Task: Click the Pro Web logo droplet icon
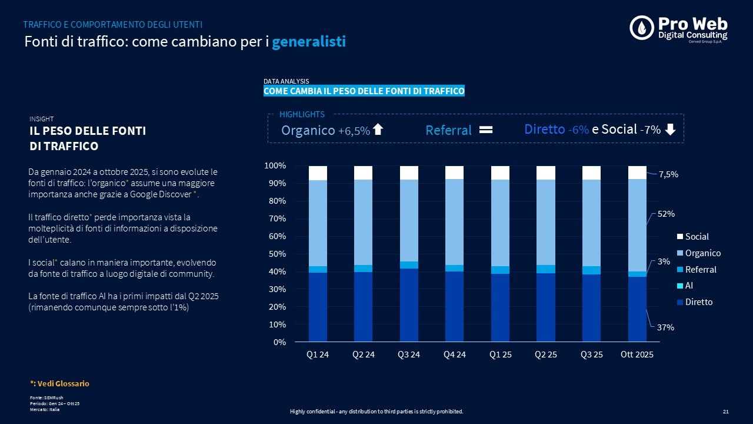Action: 642,28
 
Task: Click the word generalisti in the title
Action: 309,42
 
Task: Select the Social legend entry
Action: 697,237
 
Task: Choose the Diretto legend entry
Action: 698,302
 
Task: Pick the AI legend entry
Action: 689,286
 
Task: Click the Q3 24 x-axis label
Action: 409,355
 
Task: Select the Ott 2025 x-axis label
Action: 637,355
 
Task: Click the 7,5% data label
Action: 668,175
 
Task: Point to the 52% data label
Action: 666,214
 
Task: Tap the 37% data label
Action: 666,327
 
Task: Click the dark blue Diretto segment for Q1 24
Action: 318,306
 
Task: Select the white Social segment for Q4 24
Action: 455,172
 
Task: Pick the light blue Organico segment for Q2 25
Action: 545,222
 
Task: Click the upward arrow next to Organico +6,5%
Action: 378,130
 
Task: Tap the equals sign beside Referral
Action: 486,130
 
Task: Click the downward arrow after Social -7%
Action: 670,130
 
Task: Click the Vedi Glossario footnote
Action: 59,383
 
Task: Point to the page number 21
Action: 725,412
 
